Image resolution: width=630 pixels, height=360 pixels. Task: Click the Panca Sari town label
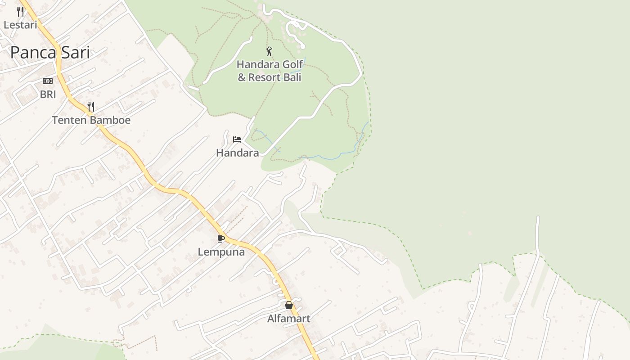pyautogui.click(x=50, y=53)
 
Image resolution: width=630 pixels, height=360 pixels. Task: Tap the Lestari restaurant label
pyautogui.click(x=20, y=25)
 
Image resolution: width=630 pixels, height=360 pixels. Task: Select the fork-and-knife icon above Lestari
pyautogui.click(x=20, y=11)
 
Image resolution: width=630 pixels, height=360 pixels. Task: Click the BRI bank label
pyautogui.click(x=48, y=94)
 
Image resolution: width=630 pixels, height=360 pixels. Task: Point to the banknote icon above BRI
pyautogui.click(x=48, y=81)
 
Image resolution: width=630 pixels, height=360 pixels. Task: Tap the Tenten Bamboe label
pyautogui.click(x=91, y=120)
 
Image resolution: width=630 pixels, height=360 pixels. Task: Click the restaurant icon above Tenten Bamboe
pyautogui.click(x=91, y=107)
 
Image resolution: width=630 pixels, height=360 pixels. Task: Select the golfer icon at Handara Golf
pyautogui.click(x=269, y=51)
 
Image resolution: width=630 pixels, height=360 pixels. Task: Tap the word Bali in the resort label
pyautogui.click(x=292, y=77)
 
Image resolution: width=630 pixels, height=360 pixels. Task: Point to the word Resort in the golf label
pyautogui.click(x=265, y=77)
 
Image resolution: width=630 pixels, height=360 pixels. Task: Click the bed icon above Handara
pyautogui.click(x=237, y=139)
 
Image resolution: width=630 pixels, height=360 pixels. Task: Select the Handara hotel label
pyautogui.click(x=237, y=153)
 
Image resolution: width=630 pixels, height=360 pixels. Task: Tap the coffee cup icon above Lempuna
pyautogui.click(x=220, y=238)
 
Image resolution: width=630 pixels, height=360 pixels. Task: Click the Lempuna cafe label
pyautogui.click(x=221, y=252)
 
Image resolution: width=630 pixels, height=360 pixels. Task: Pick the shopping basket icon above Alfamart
pyautogui.click(x=289, y=305)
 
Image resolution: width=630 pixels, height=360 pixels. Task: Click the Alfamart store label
pyautogui.click(x=289, y=319)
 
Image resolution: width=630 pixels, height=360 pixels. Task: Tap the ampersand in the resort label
pyautogui.click(x=242, y=77)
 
